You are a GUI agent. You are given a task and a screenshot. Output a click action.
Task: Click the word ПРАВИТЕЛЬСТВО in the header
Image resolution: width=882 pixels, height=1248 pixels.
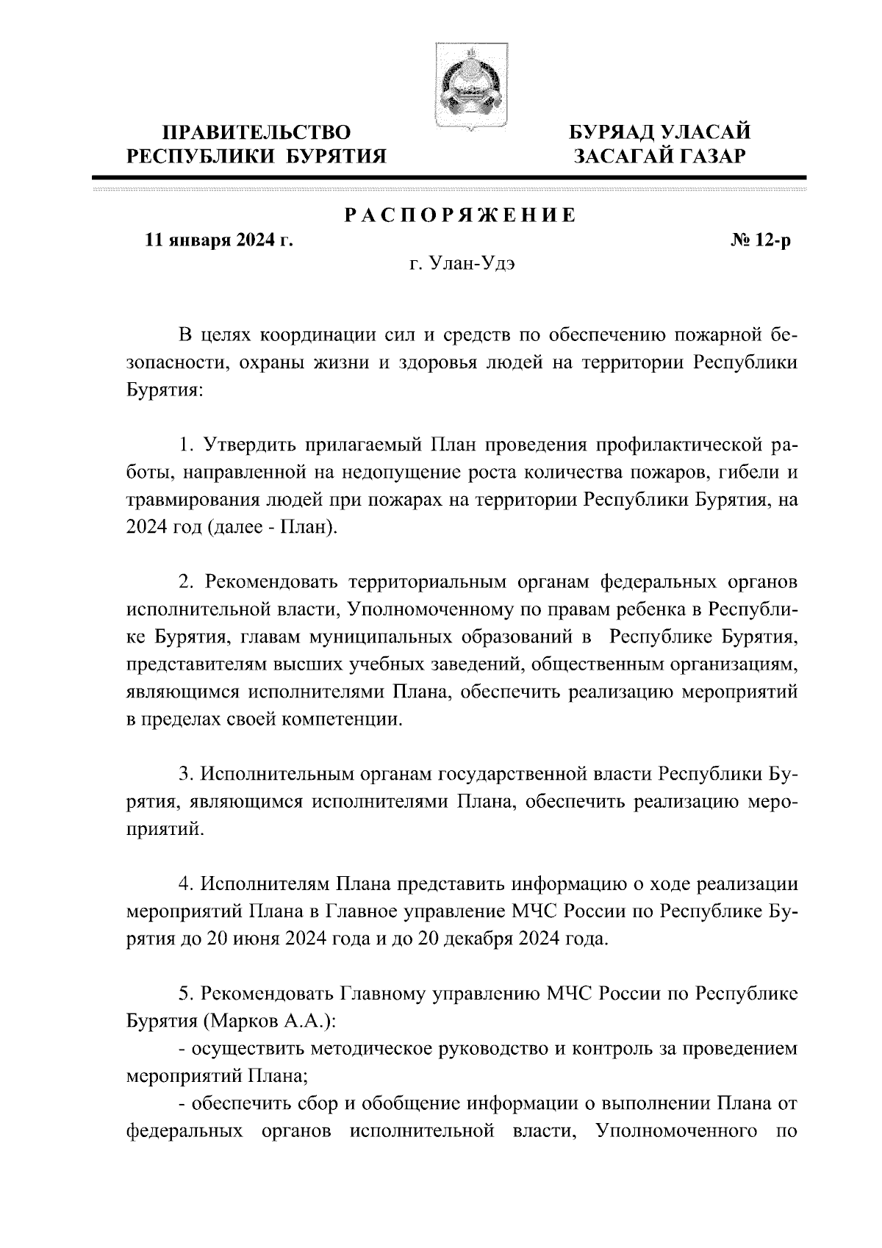tap(257, 133)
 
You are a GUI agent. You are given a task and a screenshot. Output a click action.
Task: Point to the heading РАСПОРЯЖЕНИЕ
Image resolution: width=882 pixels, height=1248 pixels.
tap(461, 215)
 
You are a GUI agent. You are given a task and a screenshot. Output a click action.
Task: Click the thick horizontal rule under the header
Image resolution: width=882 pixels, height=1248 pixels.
tap(449, 178)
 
